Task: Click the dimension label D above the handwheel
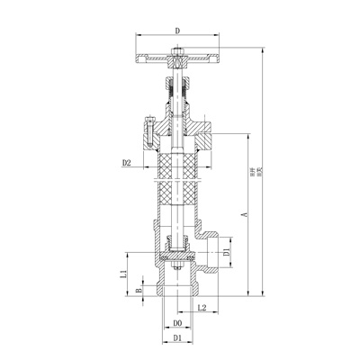point(178,31)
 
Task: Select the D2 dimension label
point(127,163)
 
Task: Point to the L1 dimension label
point(124,273)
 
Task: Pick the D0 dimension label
point(177,321)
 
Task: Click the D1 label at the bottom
point(177,338)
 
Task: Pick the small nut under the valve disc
point(177,270)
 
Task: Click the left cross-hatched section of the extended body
point(165,180)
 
